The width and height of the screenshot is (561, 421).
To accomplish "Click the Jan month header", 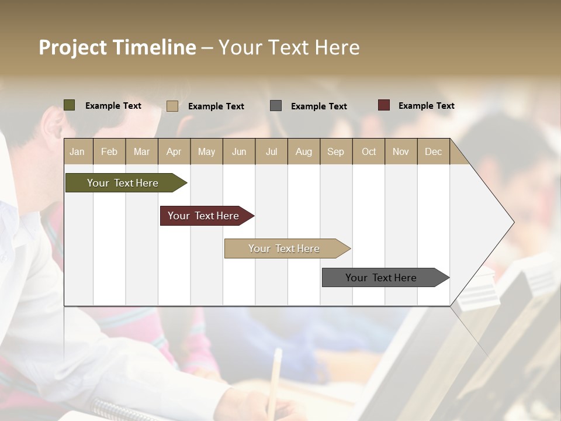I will [77, 151].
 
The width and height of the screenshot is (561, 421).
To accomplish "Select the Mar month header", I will [141, 151].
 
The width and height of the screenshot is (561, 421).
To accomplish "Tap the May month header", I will [206, 151].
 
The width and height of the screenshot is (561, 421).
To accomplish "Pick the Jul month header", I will [271, 151].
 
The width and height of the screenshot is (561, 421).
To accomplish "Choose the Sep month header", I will [335, 151].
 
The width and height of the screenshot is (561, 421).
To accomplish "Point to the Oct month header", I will [369, 151].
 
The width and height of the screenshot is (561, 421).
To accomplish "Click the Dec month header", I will [433, 151].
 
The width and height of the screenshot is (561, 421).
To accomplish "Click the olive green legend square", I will [70, 105].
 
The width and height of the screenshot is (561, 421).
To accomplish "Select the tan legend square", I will [172, 106].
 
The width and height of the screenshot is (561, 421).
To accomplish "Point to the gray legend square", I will [276, 106].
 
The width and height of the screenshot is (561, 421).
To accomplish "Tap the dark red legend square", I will [384, 105].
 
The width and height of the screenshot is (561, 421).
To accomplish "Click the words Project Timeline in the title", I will [117, 47].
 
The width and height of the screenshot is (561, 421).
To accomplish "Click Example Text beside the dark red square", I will [426, 106].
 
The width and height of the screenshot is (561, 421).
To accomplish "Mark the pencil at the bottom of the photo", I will [274, 380].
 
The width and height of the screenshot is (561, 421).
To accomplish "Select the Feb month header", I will [109, 151].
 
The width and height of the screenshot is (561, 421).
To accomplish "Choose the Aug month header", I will [303, 151].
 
